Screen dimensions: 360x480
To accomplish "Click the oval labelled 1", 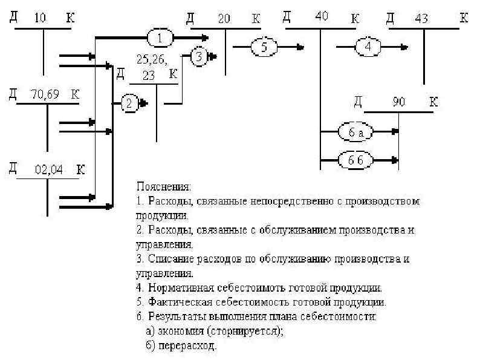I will [x=160, y=38].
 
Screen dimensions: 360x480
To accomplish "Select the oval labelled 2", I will [x=130, y=104].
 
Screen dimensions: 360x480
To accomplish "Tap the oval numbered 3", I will [x=199, y=57].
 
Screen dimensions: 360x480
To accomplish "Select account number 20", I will [x=224, y=19].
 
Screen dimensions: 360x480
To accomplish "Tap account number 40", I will [x=322, y=18].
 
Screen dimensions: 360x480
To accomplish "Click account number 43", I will [x=422, y=19].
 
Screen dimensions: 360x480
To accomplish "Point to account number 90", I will [x=398, y=101].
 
